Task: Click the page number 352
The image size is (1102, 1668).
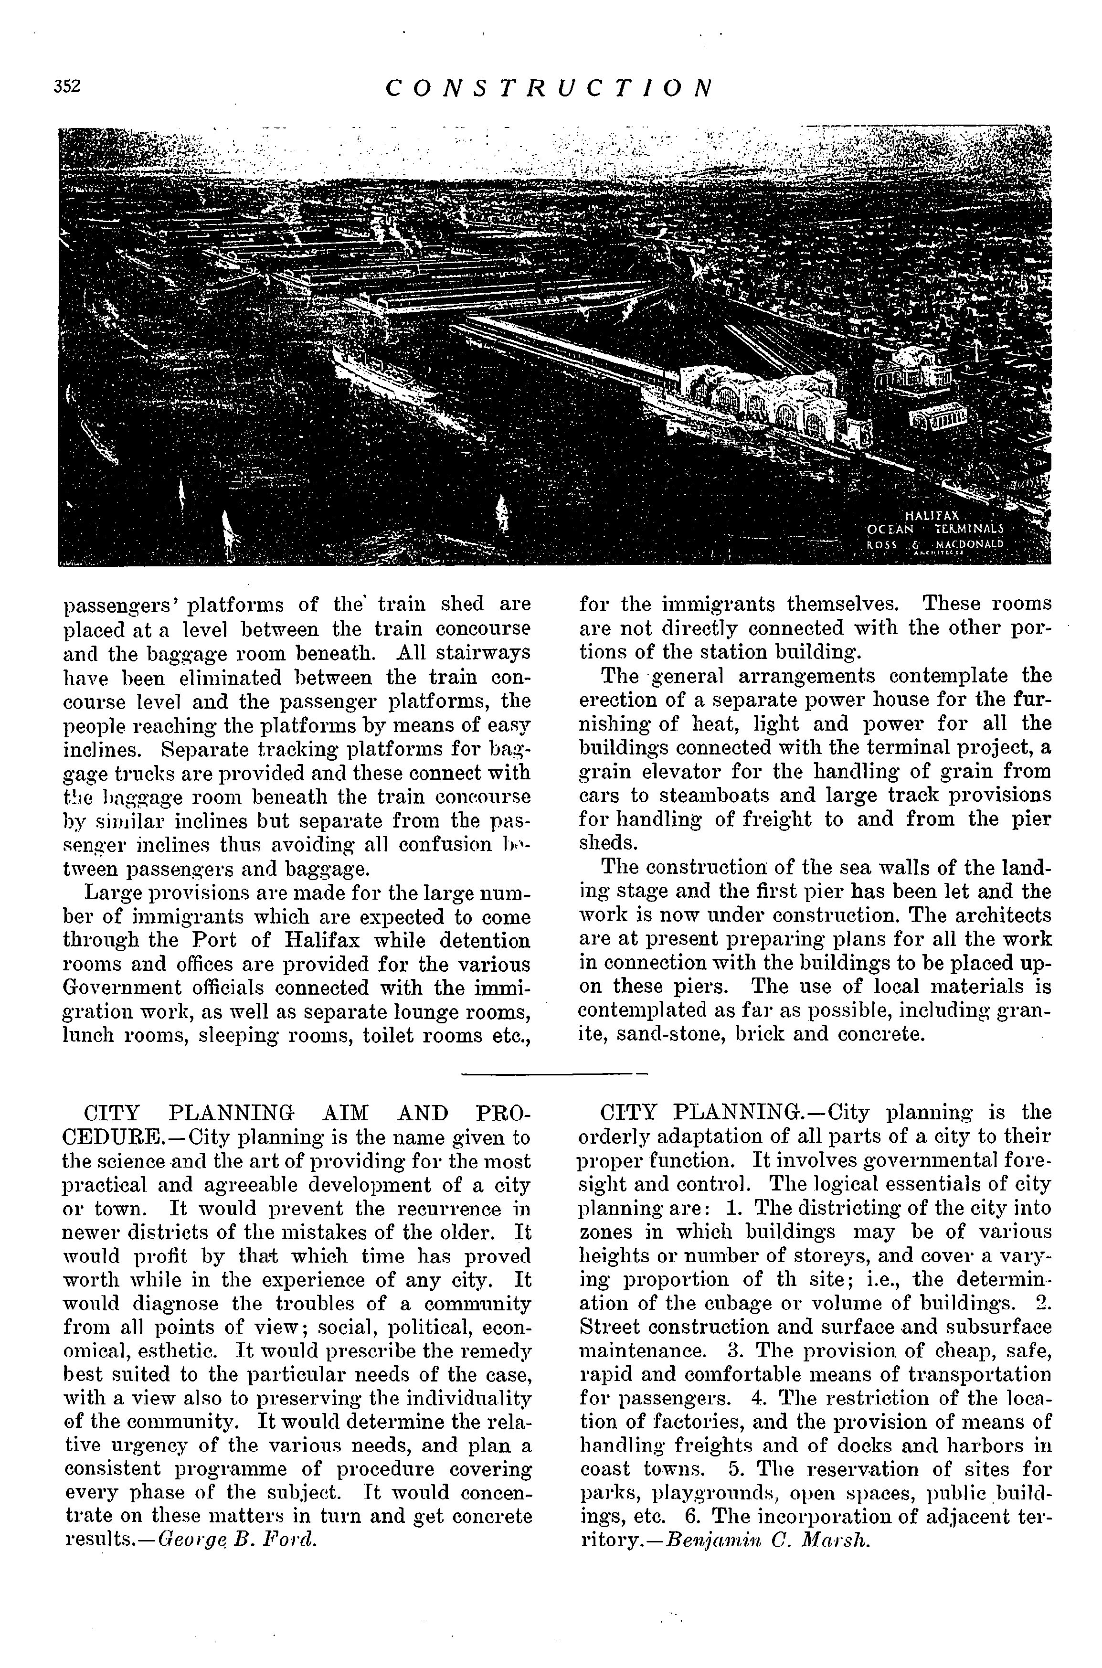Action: click(x=67, y=86)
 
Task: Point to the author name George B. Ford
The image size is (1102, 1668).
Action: click(x=239, y=1541)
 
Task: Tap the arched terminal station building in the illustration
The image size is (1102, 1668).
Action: click(x=763, y=401)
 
